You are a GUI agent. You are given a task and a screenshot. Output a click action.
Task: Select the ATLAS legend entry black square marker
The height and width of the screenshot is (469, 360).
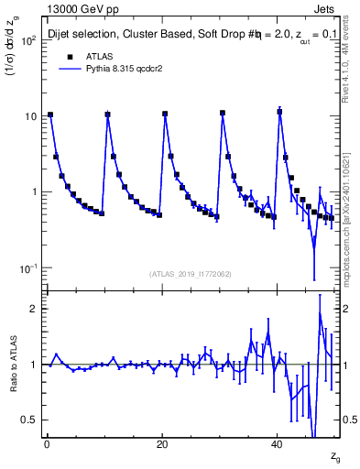tap(69, 56)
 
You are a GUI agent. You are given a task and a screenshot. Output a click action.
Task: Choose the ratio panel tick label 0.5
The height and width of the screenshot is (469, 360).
tap(29, 420)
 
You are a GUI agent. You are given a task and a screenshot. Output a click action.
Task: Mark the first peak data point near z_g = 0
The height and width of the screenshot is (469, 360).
tap(49, 115)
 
